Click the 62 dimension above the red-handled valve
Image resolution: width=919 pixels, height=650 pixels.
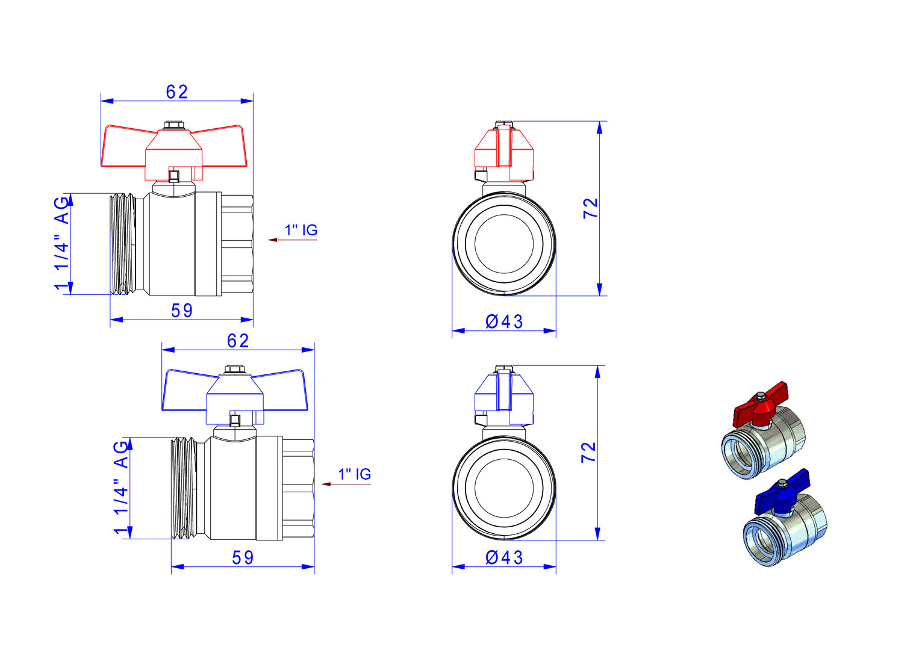(177, 92)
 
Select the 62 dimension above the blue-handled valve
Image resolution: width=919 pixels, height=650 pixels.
(238, 341)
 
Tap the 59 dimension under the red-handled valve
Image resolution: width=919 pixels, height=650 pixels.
(182, 311)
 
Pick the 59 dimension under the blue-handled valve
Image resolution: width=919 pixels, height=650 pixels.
(243, 558)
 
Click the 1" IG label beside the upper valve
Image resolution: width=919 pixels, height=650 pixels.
(301, 230)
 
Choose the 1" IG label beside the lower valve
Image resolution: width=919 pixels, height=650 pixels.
(355, 474)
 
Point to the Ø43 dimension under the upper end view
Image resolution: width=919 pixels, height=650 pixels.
(504, 322)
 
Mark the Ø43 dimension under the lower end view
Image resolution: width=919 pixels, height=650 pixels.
(504, 558)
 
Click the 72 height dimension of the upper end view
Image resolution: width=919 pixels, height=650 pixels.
(591, 208)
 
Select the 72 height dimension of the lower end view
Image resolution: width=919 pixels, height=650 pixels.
(589, 453)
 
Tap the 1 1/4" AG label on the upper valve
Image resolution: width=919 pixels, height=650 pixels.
(61, 244)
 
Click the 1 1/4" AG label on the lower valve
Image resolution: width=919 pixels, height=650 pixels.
(121, 487)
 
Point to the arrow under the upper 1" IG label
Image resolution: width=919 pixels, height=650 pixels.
(293, 240)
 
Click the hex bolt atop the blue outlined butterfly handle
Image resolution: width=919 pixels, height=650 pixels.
(235, 370)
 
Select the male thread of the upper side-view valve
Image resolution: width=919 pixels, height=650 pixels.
(123, 244)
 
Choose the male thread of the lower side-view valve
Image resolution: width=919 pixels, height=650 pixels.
(184, 488)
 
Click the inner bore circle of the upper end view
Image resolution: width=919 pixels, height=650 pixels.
(504, 214)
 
